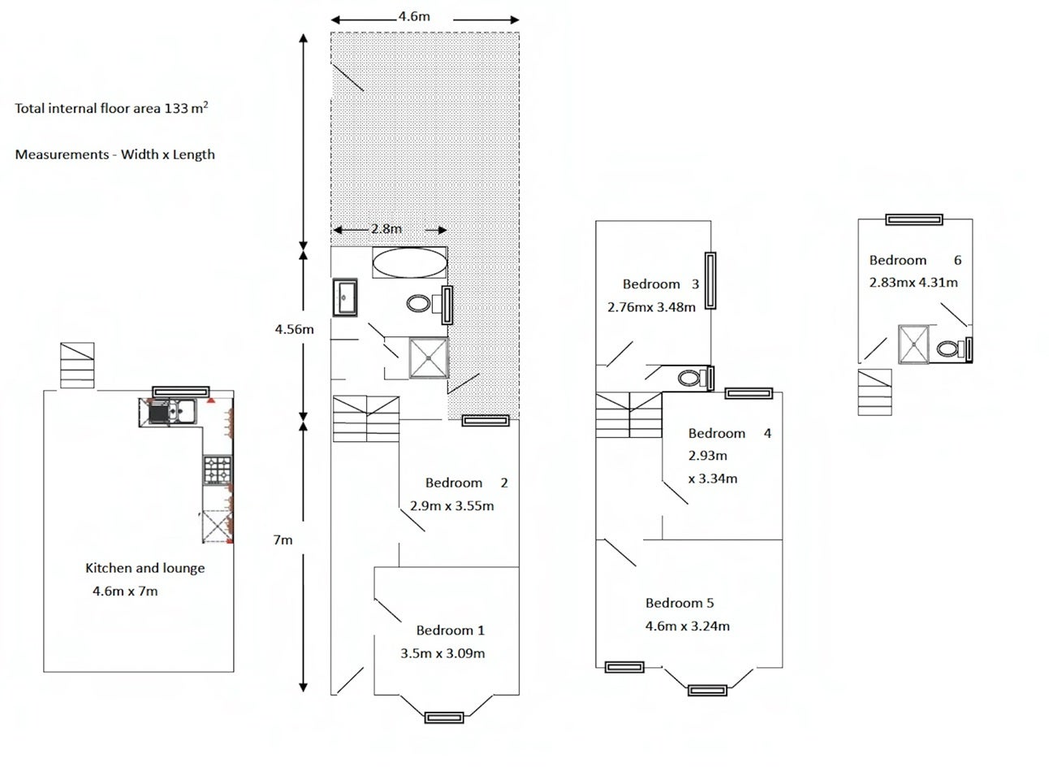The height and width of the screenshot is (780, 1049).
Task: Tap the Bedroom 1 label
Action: point(450,630)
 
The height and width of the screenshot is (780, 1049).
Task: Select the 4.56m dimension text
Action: point(294,329)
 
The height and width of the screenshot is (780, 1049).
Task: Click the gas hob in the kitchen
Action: point(218,470)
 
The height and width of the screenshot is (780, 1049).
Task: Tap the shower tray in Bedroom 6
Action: point(913,344)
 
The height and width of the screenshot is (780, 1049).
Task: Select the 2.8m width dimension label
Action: point(386,229)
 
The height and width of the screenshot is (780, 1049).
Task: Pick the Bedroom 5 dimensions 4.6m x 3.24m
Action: point(687,626)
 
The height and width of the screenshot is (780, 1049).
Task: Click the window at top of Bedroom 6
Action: point(913,219)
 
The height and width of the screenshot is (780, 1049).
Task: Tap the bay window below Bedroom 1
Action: point(443,717)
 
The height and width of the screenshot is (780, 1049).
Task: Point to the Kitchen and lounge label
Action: point(145,568)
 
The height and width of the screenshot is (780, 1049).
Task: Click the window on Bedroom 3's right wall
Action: point(710,280)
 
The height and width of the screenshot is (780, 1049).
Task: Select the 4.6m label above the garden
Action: point(414,16)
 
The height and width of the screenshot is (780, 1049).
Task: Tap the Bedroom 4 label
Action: point(729,433)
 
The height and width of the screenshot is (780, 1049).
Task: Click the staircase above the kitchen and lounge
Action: point(77,365)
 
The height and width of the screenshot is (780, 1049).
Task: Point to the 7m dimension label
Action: point(283,539)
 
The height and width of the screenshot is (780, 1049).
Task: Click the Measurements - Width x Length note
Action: point(115,154)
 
